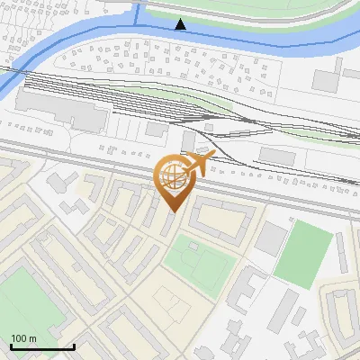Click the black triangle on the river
pos(181,24)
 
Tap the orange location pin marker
pos(174,181)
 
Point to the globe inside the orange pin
pos(172,177)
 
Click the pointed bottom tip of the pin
pos(174,211)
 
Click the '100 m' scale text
pos(24,338)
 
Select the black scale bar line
pos(42,346)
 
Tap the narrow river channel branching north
pos(139,11)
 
